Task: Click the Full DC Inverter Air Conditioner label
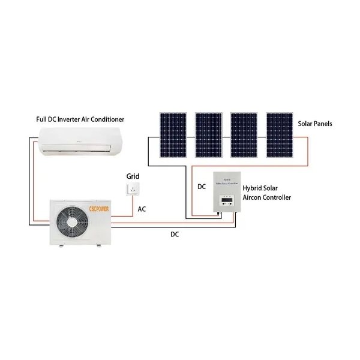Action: click(x=80, y=120)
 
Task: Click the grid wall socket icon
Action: click(x=133, y=190)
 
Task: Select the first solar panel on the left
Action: click(x=172, y=133)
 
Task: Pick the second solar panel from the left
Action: click(x=208, y=133)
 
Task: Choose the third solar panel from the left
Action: click(x=244, y=133)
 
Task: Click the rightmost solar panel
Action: click(x=279, y=133)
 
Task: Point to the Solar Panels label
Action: click(x=315, y=124)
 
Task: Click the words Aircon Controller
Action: click(x=267, y=197)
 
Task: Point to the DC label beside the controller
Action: click(x=202, y=187)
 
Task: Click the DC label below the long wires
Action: click(x=174, y=234)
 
